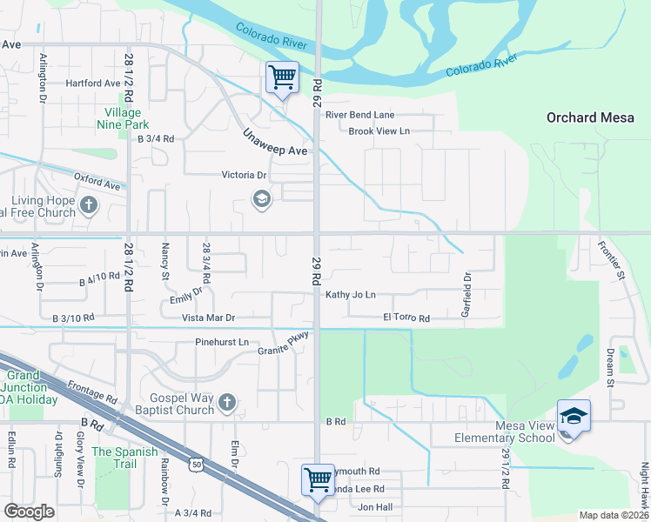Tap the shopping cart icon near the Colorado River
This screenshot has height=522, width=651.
click(282, 77)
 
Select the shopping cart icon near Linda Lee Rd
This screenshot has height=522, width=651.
click(318, 479)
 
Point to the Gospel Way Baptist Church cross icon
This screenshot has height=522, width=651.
click(226, 402)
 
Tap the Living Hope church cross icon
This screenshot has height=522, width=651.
click(88, 206)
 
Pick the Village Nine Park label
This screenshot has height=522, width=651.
click(123, 118)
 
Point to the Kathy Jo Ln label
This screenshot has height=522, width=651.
click(351, 295)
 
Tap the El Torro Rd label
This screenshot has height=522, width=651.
click(406, 318)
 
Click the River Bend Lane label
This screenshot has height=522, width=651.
click(359, 115)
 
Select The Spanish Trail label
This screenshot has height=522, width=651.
click(125, 452)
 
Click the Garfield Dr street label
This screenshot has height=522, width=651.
click(467, 293)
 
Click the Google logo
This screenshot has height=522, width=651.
click(29, 512)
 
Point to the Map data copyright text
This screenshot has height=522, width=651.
click(614, 515)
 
